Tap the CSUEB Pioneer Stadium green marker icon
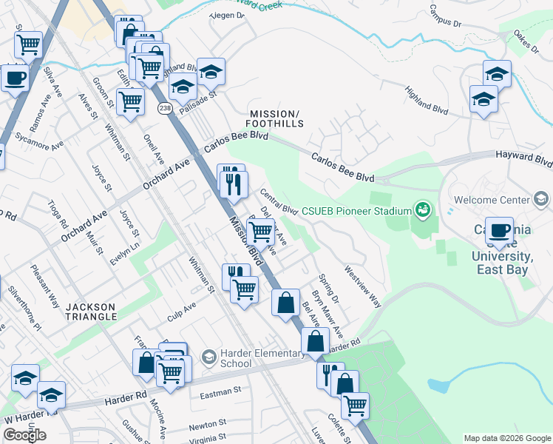[x=422, y=211]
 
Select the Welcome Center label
[x=492, y=200]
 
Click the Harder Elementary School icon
[x=209, y=357]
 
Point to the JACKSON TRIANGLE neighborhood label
[x=90, y=312]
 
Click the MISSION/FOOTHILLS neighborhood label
[x=276, y=118]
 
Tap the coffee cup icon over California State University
[x=501, y=229]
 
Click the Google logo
[x=24, y=435]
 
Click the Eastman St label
[x=221, y=391]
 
